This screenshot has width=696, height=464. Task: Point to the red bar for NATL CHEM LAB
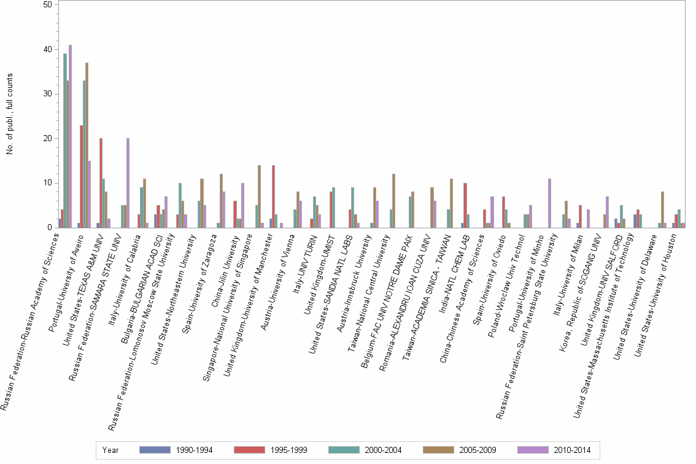click(x=465, y=206)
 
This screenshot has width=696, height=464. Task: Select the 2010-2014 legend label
click(x=573, y=450)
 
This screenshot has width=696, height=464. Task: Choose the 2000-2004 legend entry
click(x=384, y=450)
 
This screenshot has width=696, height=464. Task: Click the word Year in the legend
click(x=110, y=450)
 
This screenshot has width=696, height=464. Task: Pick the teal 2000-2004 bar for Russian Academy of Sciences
click(x=65, y=141)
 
